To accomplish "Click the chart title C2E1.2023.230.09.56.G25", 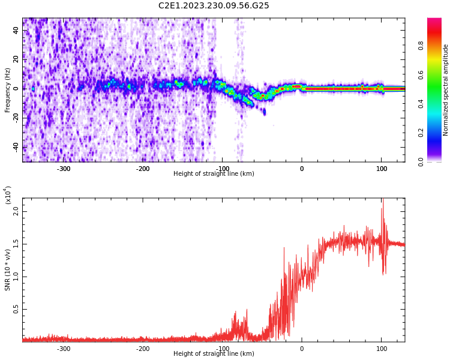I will [x=214, y=6].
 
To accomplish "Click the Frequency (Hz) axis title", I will [x=8, y=90].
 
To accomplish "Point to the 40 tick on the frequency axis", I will [x=16, y=31].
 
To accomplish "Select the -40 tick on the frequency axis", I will [x=16, y=147].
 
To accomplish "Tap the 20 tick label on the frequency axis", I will [x=16, y=59].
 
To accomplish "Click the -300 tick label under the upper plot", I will [x=64, y=168].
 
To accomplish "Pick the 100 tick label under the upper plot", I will [x=381, y=168].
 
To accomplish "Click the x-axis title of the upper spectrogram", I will [x=214, y=174].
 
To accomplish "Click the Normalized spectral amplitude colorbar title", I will [x=446, y=90].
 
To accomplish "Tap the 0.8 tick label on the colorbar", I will [x=438, y=45].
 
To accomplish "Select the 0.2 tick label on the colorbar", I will [x=438, y=133].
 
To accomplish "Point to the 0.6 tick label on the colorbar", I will [x=438, y=74].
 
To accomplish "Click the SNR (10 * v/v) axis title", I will [x=8, y=270].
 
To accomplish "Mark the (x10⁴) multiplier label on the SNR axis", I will [x=8, y=194].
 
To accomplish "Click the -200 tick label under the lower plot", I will [x=143, y=348].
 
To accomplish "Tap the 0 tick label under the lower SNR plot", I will [x=302, y=348].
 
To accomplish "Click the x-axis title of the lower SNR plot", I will [x=214, y=354].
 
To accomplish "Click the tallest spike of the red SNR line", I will [x=382, y=200].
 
